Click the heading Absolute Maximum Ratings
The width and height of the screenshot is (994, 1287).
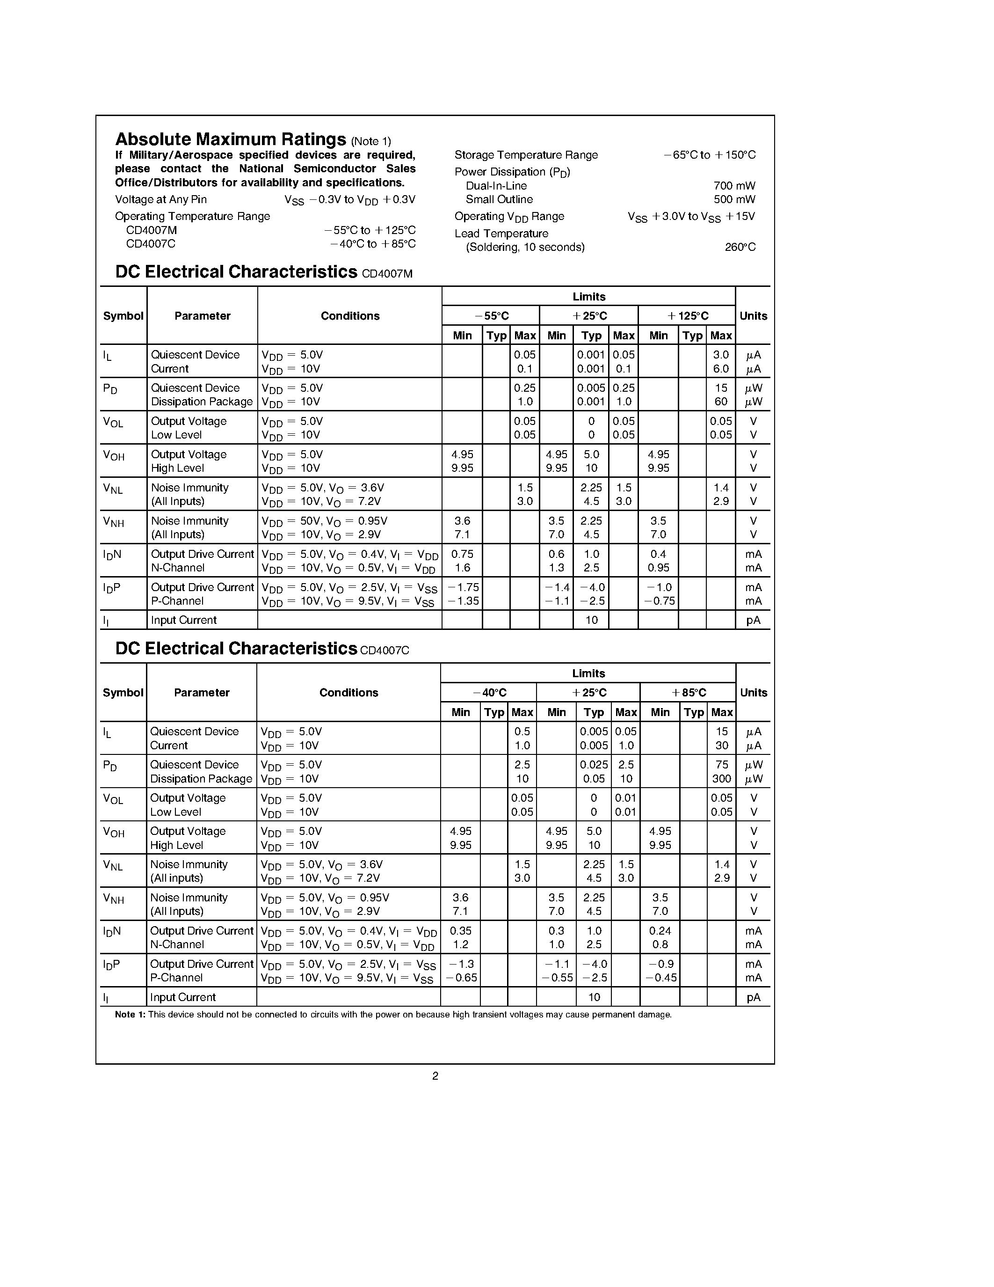pyautogui.click(x=230, y=139)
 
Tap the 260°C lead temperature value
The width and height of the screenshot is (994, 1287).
pyautogui.click(x=740, y=248)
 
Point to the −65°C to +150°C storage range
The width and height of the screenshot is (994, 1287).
pyautogui.click(x=709, y=155)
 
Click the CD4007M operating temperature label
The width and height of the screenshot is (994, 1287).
pyautogui.click(x=152, y=230)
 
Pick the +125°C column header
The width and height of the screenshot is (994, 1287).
pyautogui.click(x=687, y=316)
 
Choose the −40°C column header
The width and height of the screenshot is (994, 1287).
pyautogui.click(x=489, y=693)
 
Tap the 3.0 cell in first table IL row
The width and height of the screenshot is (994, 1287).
pyautogui.click(x=721, y=355)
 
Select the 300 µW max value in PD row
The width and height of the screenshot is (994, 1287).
pyautogui.click(x=721, y=779)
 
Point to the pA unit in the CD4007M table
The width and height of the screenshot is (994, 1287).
pyautogui.click(x=753, y=621)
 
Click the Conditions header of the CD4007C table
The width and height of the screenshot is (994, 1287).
pyautogui.click(x=348, y=693)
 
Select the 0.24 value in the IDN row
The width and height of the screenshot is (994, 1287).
pyautogui.click(x=660, y=931)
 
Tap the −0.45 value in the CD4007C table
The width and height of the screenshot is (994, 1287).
pyautogui.click(x=660, y=978)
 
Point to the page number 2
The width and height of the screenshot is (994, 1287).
pyautogui.click(x=435, y=1076)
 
